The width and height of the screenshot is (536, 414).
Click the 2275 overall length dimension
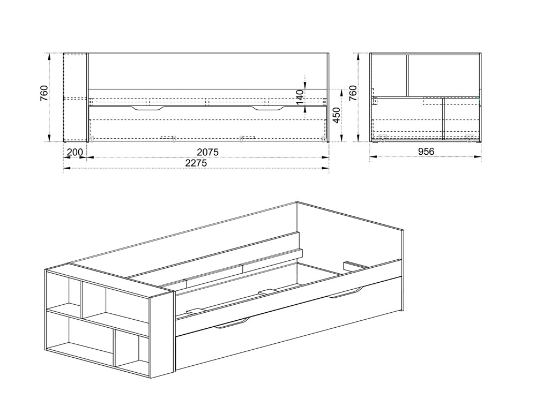point(196,163)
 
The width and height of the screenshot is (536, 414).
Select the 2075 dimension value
point(207,152)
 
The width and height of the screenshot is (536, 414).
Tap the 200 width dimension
point(75,152)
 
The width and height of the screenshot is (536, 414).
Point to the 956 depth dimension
point(426,152)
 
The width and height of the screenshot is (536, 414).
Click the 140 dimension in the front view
point(300,97)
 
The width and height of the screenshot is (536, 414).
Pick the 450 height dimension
point(337,116)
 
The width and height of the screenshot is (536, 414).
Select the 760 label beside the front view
point(44,93)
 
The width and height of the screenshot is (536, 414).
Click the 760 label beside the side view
point(353,93)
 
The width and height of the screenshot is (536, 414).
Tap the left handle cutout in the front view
point(148,108)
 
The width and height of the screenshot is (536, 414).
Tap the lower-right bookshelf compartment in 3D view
point(132,352)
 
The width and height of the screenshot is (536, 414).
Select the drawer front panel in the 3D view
point(289,323)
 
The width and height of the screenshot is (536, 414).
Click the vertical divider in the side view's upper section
point(407,76)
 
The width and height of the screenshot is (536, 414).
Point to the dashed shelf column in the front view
point(76,97)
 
